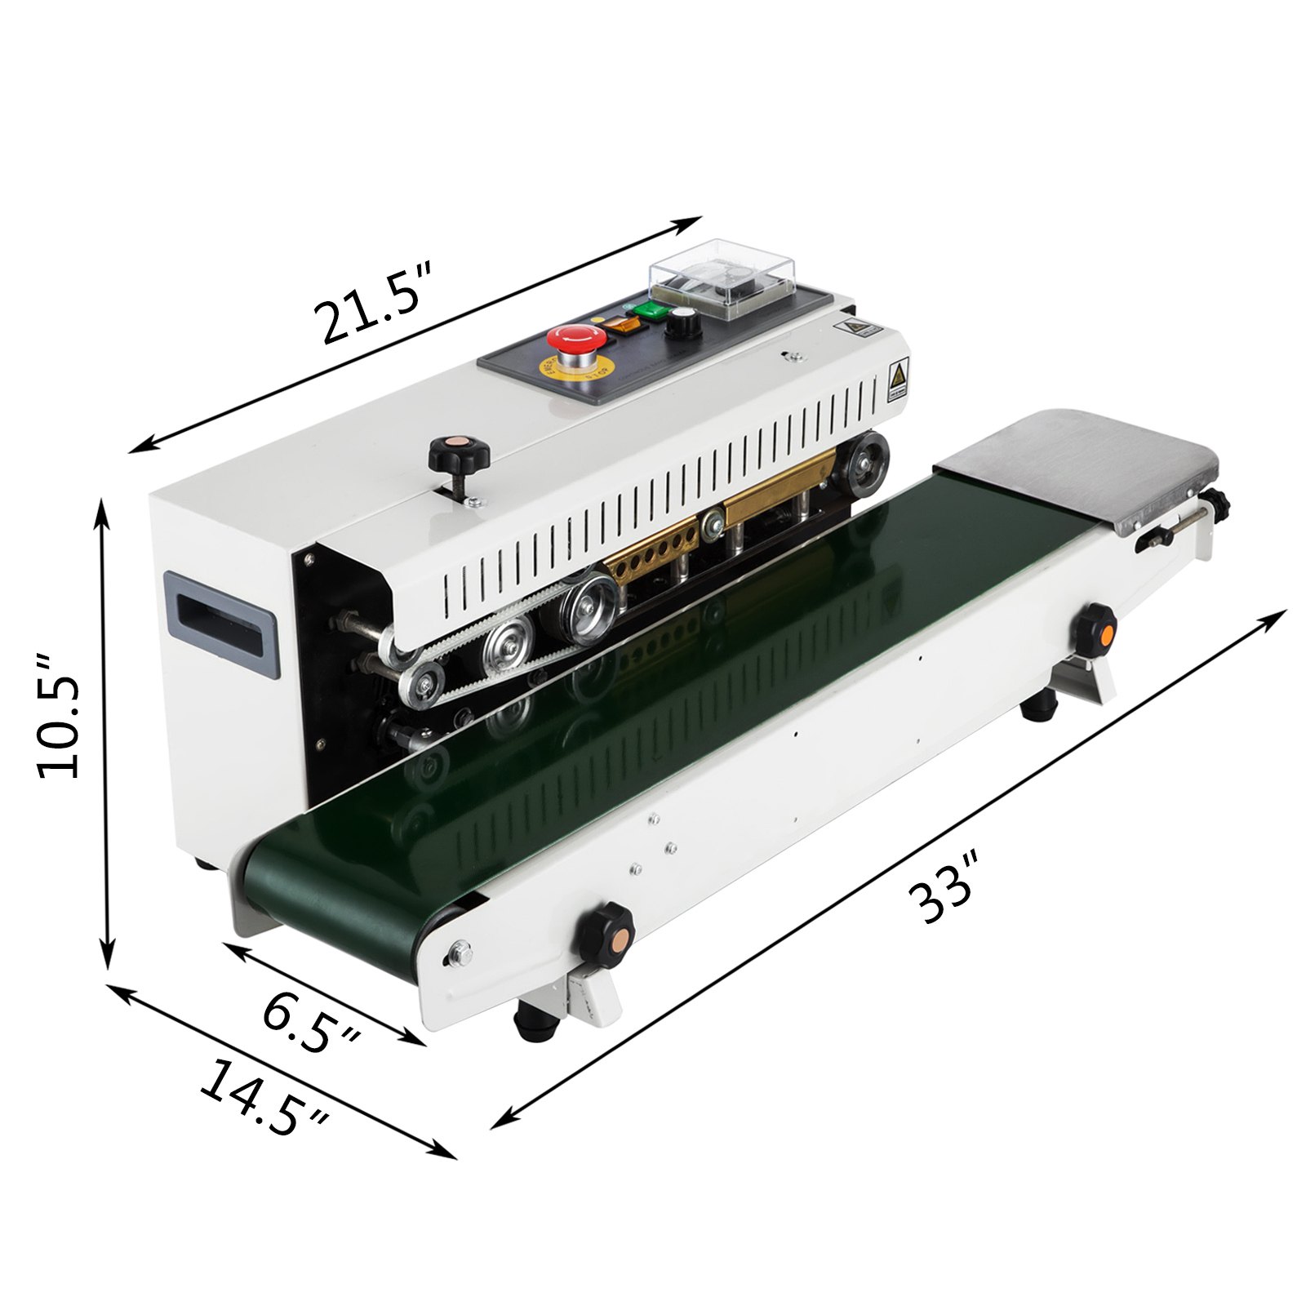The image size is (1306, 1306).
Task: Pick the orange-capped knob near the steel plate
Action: pos(1095,629)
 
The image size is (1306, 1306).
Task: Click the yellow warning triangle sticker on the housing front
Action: pos(898,377)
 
